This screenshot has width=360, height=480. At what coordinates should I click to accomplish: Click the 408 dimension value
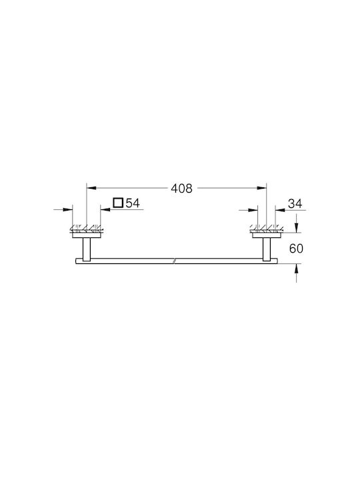point(181,188)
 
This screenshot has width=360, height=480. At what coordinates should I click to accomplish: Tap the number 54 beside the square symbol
point(133,203)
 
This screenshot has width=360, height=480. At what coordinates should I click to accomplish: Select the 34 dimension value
point(295,203)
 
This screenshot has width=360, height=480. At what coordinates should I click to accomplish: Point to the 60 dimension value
point(296,248)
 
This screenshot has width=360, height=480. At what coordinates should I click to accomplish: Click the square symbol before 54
point(118,203)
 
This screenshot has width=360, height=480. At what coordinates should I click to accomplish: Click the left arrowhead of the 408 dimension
point(91,188)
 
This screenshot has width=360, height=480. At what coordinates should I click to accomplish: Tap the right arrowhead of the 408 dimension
point(262,188)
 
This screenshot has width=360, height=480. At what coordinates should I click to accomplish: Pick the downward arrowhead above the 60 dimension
point(296,228)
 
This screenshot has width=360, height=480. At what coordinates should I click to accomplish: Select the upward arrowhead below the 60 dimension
point(296,268)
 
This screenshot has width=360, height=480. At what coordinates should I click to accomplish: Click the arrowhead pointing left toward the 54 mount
point(105,210)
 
